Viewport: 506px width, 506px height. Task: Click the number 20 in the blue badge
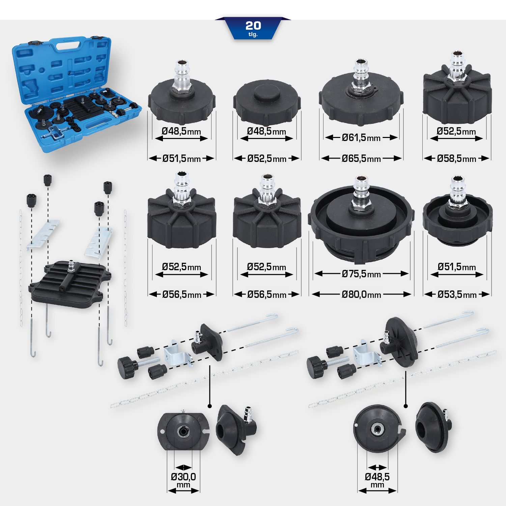click(x=253, y=25)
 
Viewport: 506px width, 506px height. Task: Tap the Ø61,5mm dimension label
click(x=361, y=138)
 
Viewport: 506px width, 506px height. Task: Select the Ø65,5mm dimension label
click(x=361, y=159)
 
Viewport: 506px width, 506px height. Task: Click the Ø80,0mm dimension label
click(x=361, y=294)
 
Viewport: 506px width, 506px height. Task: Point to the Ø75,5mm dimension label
click(x=361, y=274)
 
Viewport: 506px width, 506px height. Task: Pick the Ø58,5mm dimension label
click(x=456, y=159)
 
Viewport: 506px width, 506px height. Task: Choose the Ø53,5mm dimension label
click(x=457, y=294)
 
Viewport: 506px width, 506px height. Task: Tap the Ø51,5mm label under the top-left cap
click(x=181, y=159)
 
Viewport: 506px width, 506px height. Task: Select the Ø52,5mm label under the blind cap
click(x=266, y=159)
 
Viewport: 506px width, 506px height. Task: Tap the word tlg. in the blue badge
click(x=253, y=34)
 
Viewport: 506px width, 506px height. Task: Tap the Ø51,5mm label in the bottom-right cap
click(x=457, y=267)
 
